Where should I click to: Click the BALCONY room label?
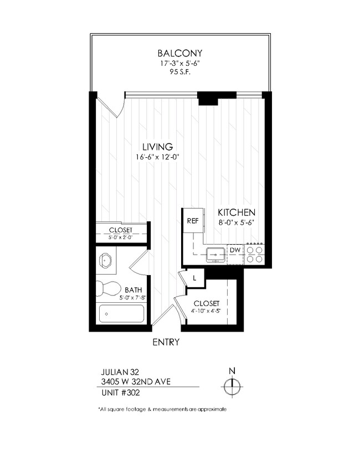click(x=180, y=54)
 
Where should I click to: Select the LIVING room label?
click(x=158, y=147)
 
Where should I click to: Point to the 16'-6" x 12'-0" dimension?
click(x=158, y=157)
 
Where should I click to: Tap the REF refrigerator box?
click(x=193, y=221)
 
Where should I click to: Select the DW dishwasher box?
click(x=235, y=250)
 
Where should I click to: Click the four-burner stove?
click(x=255, y=254)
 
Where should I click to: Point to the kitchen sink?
click(x=215, y=254)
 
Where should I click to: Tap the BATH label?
click(x=133, y=289)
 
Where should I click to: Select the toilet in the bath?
click(x=107, y=288)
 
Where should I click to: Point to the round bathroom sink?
click(x=106, y=260)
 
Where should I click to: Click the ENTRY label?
click(x=166, y=342)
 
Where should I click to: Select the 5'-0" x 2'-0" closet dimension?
click(x=120, y=237)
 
